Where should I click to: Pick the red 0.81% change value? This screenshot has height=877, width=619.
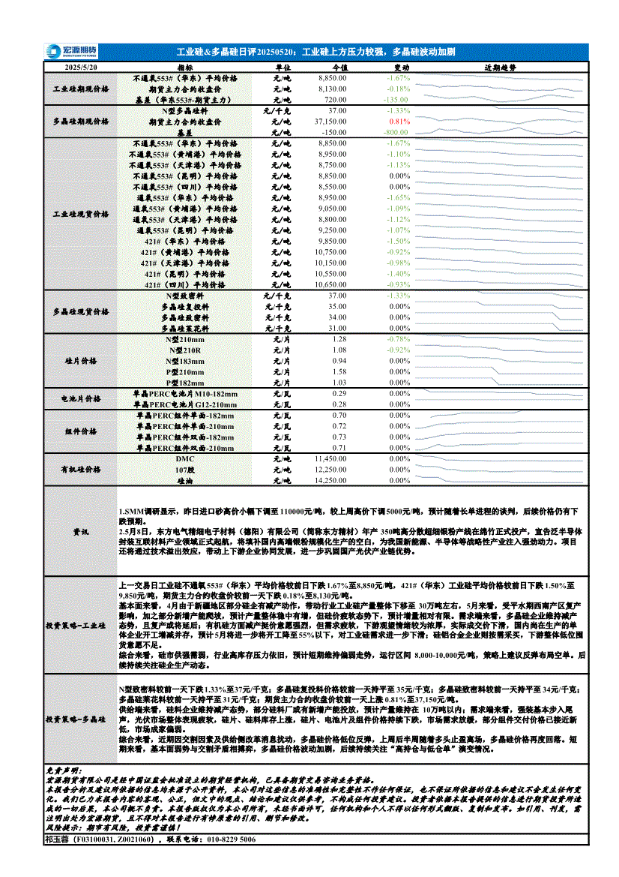399,121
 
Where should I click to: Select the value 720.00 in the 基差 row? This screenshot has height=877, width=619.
335,99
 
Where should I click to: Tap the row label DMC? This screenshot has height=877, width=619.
184,458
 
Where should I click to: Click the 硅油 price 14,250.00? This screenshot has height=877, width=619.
330,480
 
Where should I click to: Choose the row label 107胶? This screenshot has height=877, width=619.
184,470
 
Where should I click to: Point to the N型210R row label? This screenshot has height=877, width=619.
184,350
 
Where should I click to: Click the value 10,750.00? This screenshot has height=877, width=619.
330,253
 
